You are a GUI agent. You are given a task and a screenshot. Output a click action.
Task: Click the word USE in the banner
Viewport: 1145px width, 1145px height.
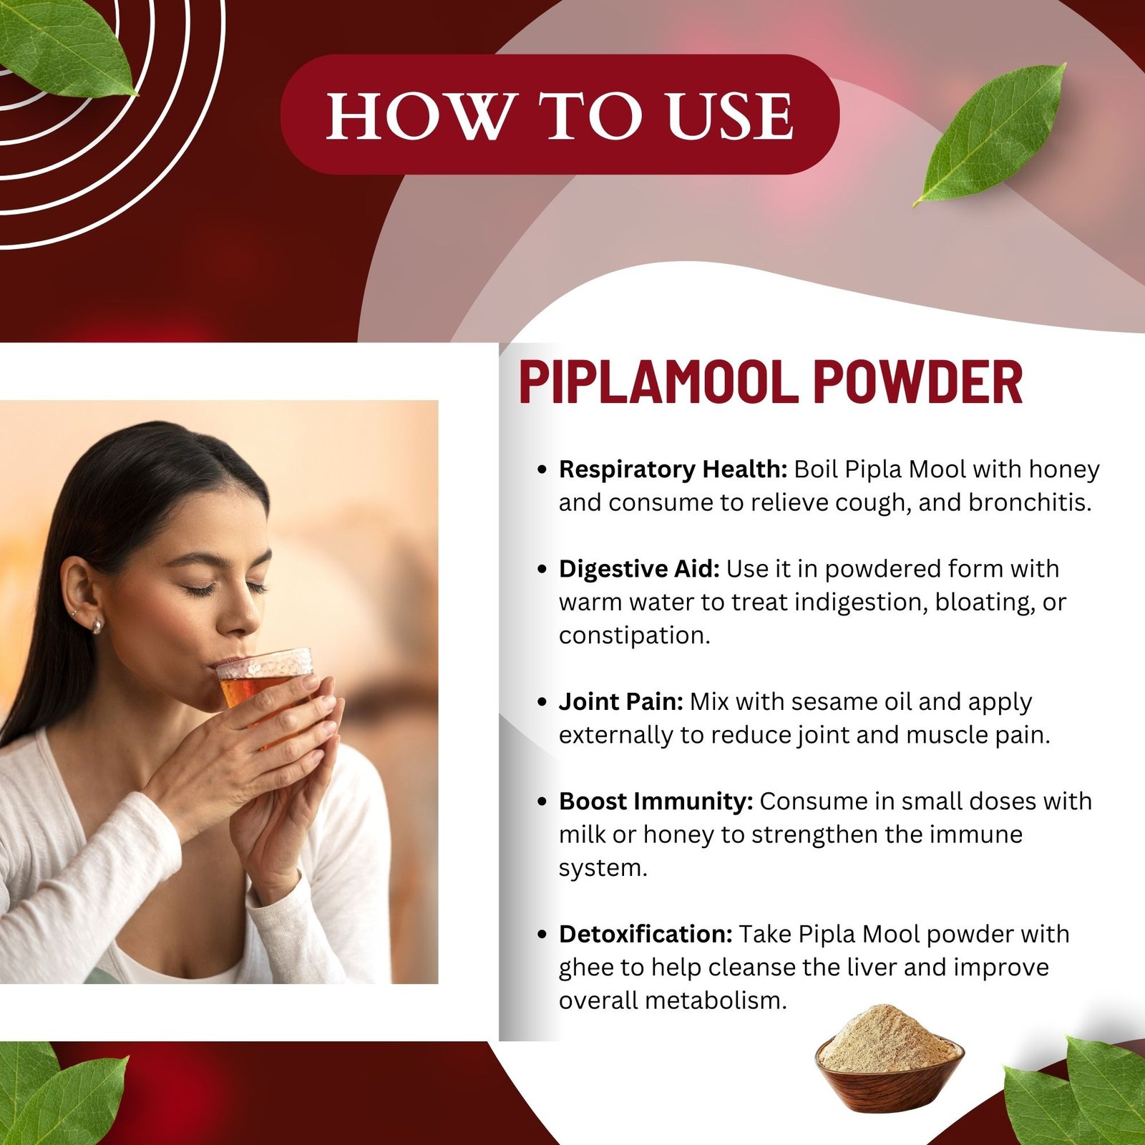pos(729,116)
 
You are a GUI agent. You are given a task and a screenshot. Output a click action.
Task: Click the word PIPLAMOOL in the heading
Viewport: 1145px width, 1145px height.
pos(658,382)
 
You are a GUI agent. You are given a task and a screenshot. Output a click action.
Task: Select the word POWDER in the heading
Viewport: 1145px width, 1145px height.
pos(917,382)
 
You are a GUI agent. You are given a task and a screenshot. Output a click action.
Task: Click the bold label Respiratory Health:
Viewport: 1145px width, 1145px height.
pos(673,469)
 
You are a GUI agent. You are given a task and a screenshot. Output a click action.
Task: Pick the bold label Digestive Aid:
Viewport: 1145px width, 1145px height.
pos(639,569)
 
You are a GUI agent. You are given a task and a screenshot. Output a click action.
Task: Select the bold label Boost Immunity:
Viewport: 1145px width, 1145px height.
pos(656,801)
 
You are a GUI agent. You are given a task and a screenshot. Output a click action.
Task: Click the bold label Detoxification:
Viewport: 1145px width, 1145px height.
pos(645,935)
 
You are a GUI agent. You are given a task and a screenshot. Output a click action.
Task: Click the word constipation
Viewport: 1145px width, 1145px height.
pos(633,635)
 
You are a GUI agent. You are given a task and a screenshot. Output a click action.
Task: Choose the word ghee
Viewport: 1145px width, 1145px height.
pos(587,968)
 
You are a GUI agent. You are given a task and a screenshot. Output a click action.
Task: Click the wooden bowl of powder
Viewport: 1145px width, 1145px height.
pos(889,1059)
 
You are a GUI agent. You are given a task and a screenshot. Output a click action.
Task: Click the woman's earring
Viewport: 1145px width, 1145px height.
pos(97,627)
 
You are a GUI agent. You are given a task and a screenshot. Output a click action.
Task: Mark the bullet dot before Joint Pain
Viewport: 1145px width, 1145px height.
pos(542,702)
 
